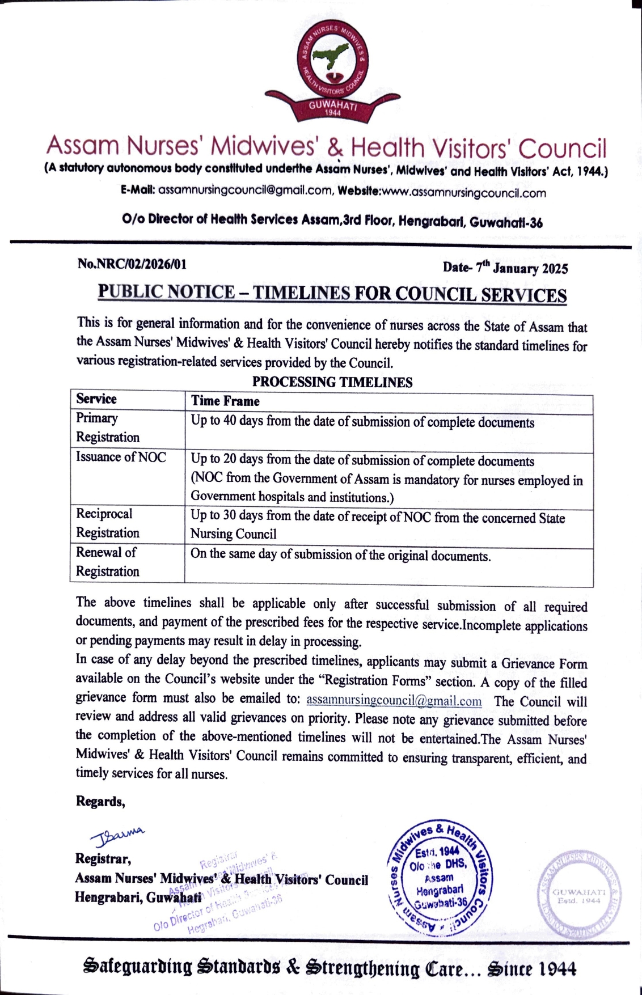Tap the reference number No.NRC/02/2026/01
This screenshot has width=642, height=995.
point(132,264)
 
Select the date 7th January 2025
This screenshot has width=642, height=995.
point(521,268)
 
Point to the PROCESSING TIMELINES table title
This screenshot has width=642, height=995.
point(332,382)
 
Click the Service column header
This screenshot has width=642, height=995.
point(96,399)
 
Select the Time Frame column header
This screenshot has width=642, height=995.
point(225,401)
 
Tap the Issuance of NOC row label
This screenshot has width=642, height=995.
point(121,457)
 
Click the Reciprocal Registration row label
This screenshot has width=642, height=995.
point(107,523)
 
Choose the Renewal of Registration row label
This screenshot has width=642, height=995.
point(107,561)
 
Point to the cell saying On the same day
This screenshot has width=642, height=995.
point(340,555)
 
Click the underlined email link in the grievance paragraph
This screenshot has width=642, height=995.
point(394,701)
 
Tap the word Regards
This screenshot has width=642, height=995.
point(100,802)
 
